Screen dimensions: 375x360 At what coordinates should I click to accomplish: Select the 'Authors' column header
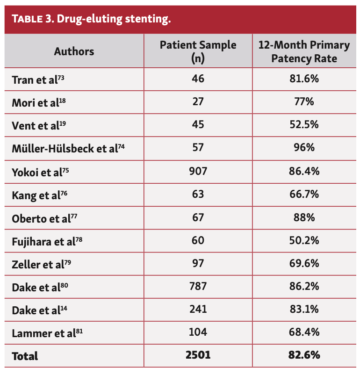(74, 51)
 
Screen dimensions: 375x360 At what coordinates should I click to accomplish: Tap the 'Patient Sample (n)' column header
(198, 51)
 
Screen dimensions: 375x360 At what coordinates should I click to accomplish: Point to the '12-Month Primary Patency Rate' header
(304, 51)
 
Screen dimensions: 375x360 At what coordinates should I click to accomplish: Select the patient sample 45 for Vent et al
(198, 125)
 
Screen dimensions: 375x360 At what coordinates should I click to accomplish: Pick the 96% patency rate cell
(304, 148)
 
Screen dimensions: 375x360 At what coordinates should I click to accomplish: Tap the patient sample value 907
(198, 171)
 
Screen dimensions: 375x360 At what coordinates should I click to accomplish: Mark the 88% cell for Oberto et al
(304, 217)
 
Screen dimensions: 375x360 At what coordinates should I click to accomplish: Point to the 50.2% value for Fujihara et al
(304, 240)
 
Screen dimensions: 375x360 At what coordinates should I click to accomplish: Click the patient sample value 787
(198, 286)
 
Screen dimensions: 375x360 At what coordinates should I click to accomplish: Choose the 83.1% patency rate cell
(304, 309)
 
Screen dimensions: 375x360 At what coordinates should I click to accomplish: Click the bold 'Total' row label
(25, 356)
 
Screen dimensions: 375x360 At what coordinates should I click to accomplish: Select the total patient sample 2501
(198, 355)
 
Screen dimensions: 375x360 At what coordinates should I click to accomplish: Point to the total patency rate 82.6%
(304, 355)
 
